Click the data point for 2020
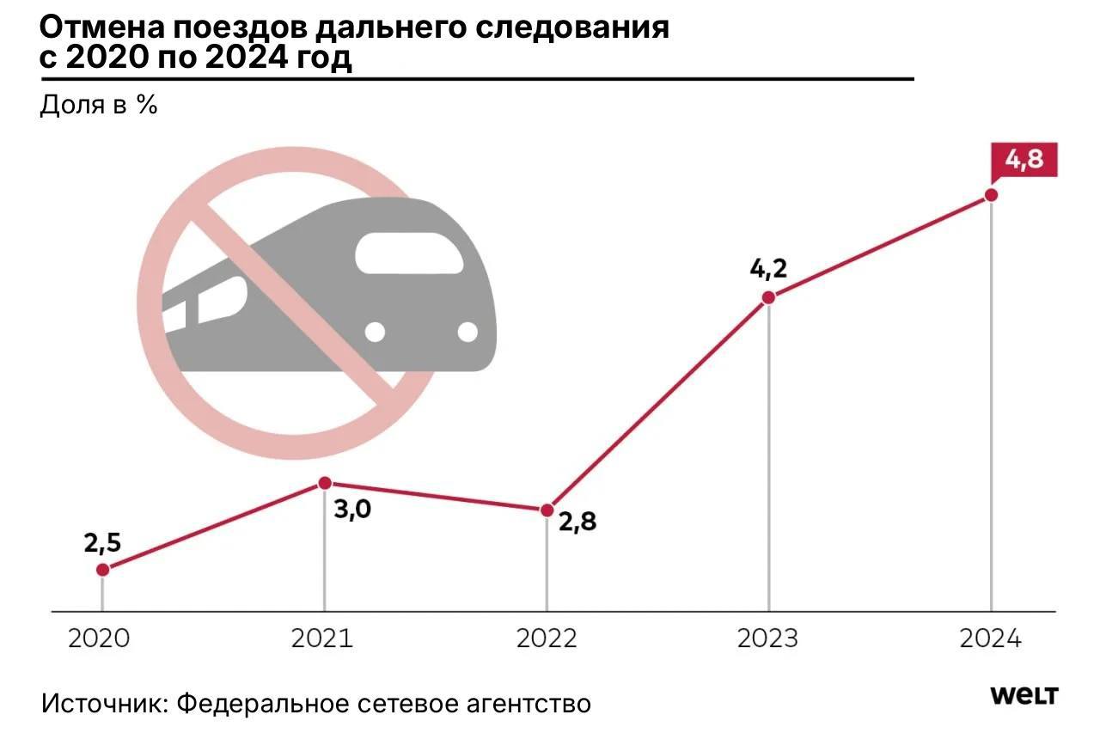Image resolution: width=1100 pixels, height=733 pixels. tap(102, 570)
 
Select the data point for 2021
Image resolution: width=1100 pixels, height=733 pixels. tap(325, 483)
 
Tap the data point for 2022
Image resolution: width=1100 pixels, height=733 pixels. tap(547, 510)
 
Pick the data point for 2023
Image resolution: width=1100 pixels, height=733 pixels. tap(769, 297)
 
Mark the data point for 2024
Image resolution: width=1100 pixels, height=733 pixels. tap(991, 195)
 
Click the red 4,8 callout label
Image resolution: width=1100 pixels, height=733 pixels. tap(1024, 161)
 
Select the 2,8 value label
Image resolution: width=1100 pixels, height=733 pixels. tap(578, 521)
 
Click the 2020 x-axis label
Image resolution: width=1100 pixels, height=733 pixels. tap(99, 638)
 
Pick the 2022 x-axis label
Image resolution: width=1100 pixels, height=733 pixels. tap(547, 638)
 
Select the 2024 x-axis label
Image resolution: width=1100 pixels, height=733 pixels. tap(991, 638)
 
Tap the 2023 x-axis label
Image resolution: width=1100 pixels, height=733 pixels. tap(768, 638)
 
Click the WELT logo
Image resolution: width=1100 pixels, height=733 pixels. tap(1024, 695)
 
